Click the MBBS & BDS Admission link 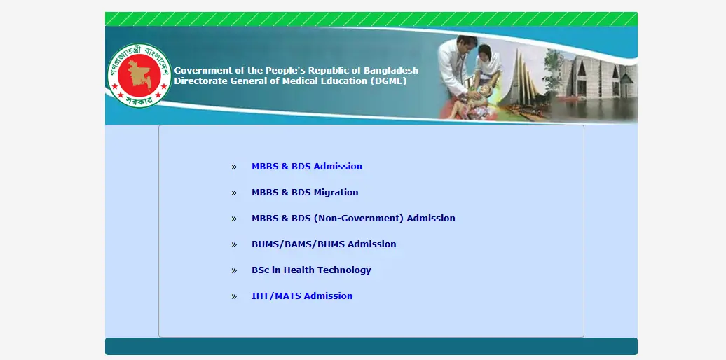point(306,167)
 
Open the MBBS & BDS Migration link point(305,193)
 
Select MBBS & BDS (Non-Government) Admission point(353,219)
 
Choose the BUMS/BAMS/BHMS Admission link point(324,244)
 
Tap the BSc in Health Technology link point(311,270)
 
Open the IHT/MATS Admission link point(302,296)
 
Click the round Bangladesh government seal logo point(139,75)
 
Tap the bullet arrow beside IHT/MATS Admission point(234,297)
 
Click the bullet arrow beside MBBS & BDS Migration point(234,193)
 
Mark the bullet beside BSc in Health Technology point(234,271)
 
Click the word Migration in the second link point(336,193)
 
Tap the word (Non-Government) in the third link point(359,219)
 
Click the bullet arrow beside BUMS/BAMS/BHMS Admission point(234,245)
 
